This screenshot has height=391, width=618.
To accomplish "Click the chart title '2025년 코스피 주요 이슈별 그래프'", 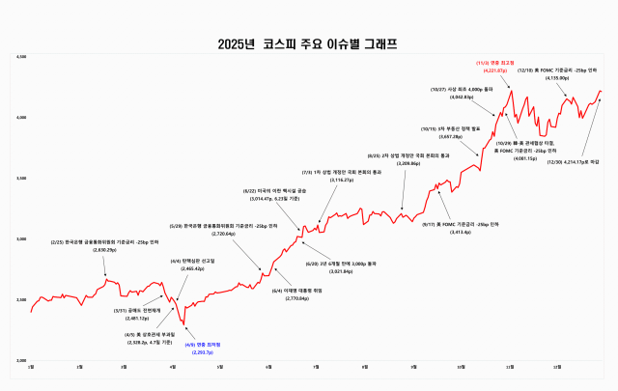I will tap(308, 43).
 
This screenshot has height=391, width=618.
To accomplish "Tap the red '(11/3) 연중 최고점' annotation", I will tap(492, 64).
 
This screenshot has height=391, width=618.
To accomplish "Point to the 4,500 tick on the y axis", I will tap(22, 58).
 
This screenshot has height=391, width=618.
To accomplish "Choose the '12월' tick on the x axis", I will tap(557, 368).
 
